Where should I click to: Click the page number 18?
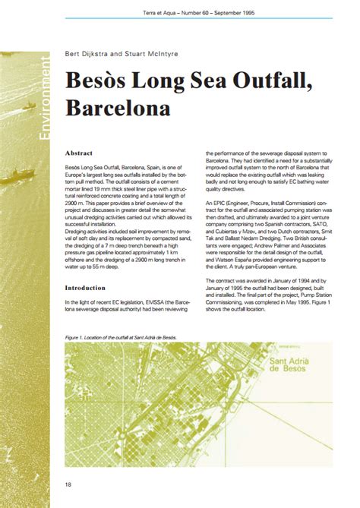coord(69,483)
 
